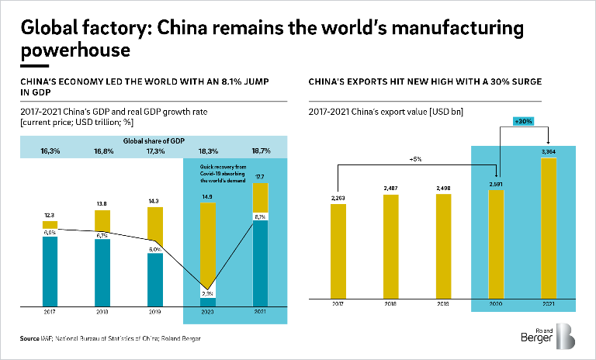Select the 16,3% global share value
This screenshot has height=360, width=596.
(50, 151)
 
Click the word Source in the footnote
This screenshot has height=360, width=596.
(29, 338)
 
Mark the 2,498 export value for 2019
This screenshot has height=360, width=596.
(444, 189)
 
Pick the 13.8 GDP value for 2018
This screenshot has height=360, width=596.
(102, 203)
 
